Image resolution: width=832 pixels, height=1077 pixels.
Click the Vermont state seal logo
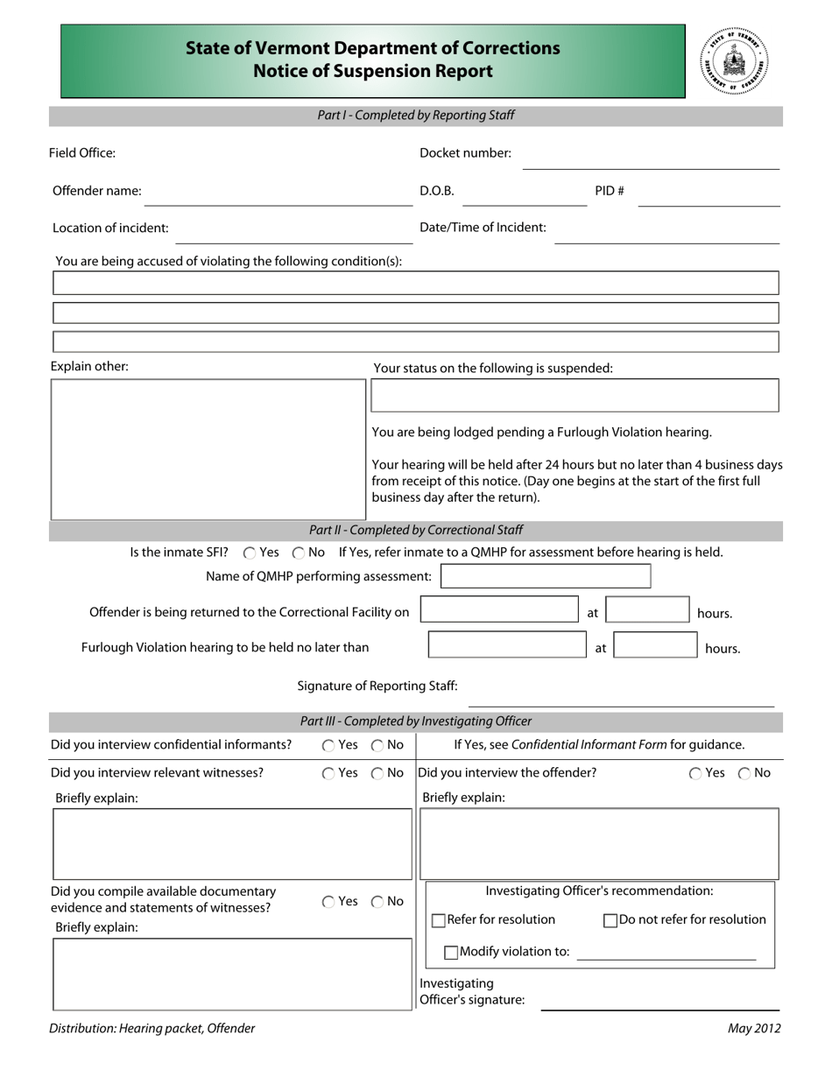[734, 61]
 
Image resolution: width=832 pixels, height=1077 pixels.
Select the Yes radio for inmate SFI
[250, 553]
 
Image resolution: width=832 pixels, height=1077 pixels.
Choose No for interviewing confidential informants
[377, 746]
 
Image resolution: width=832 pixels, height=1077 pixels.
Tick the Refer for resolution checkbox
[439, 920]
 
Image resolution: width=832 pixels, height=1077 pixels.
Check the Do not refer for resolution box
[610, 920]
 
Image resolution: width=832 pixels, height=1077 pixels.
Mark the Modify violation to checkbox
[451, 952]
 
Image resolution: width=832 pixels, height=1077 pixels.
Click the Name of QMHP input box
[546, 576]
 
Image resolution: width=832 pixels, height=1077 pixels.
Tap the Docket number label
[465, 153]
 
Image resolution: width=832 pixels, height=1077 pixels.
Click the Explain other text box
[208, 449]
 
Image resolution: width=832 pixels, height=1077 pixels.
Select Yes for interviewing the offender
[695, 773]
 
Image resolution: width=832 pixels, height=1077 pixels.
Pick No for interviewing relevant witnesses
[377, 773]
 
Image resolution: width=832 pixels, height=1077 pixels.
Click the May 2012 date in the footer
[754, 1029]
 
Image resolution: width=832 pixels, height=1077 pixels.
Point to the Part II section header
[416, 530]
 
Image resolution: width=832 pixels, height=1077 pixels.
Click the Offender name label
[96, 191]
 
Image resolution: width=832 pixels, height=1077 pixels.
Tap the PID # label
[610, 191]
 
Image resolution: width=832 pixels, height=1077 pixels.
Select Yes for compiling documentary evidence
[328, 902]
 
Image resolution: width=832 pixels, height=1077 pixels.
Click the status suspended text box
[575, 396]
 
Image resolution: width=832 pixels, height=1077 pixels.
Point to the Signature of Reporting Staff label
[377, 686]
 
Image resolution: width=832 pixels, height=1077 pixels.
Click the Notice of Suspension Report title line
[373, 72]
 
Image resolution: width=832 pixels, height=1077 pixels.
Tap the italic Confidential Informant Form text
[589, 745]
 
